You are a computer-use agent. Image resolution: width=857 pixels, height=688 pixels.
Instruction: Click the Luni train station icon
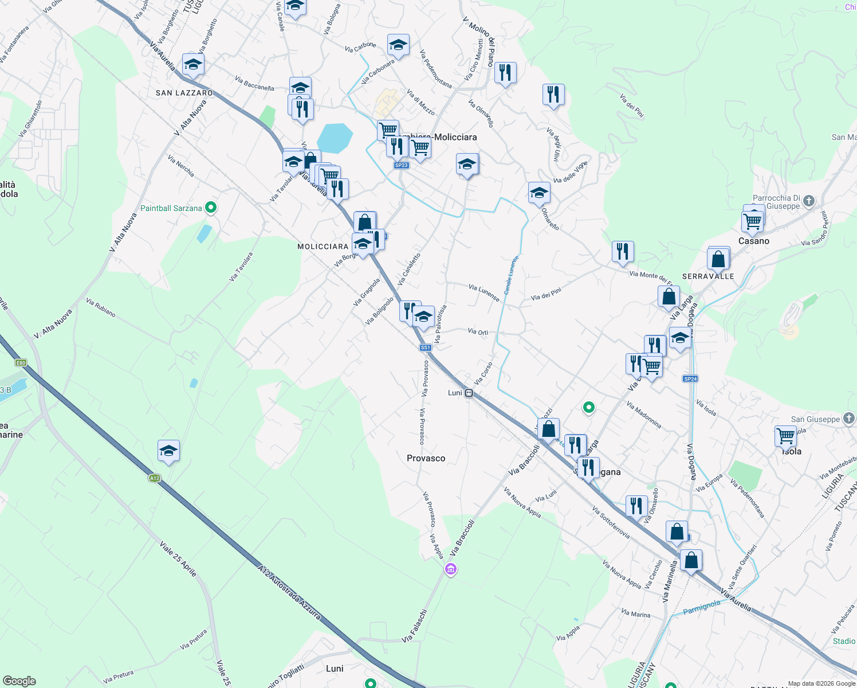[x=469, y=393]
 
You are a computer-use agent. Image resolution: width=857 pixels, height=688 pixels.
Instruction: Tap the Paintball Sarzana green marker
[x=211, y=208]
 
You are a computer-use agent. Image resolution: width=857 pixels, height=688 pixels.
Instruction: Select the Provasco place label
[x=426, y=458]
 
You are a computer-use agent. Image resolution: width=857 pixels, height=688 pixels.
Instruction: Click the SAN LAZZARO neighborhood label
[x=184, y=93]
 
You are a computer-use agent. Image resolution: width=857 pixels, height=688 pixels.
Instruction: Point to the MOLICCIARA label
[x=323, y=247]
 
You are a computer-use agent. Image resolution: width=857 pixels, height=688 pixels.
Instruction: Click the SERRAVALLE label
[x=708, y=276]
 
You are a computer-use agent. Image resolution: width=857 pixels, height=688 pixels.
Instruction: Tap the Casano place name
[x=753, y=241]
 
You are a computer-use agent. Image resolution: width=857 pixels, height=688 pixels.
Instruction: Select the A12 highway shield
[x=154, y=478]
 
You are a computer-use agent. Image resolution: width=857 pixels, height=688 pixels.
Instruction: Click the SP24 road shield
[x=690, y=379]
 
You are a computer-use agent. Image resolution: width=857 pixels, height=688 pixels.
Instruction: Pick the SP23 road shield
[x=401, y=165]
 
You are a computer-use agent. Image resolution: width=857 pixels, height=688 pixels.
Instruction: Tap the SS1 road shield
[x=425, y=347]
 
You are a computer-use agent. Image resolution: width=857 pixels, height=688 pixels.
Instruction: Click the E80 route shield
[x=21, y=363]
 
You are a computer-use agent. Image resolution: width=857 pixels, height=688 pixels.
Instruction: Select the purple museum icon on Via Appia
[x=451, y=569]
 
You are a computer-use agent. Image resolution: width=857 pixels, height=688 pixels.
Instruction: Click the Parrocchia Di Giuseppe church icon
[x=808, y=201]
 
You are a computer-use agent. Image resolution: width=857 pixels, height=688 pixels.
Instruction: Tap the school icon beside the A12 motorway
[x=168, y=451]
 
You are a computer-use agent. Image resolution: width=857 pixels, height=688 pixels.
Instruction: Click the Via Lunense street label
[x=483, y=292]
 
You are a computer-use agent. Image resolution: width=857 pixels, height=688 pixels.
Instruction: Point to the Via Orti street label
[x=478, y=331]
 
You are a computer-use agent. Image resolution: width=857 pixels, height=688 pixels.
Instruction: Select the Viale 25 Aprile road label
[x=178, y=558]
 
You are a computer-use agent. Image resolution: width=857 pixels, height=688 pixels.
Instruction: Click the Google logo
[x=19, y=681]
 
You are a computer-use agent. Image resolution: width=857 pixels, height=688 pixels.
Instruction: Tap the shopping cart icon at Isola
[x=785, y=436]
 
